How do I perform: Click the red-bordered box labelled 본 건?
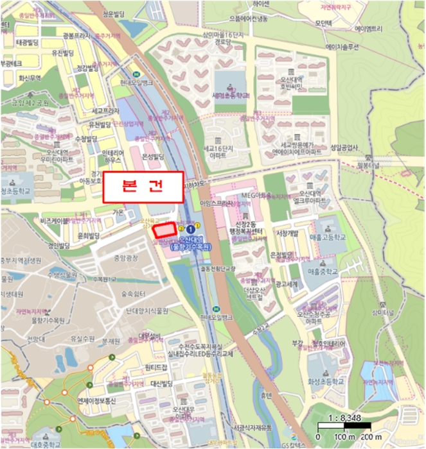(x=143, y=187)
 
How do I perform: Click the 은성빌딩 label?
(x=154, y=156)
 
